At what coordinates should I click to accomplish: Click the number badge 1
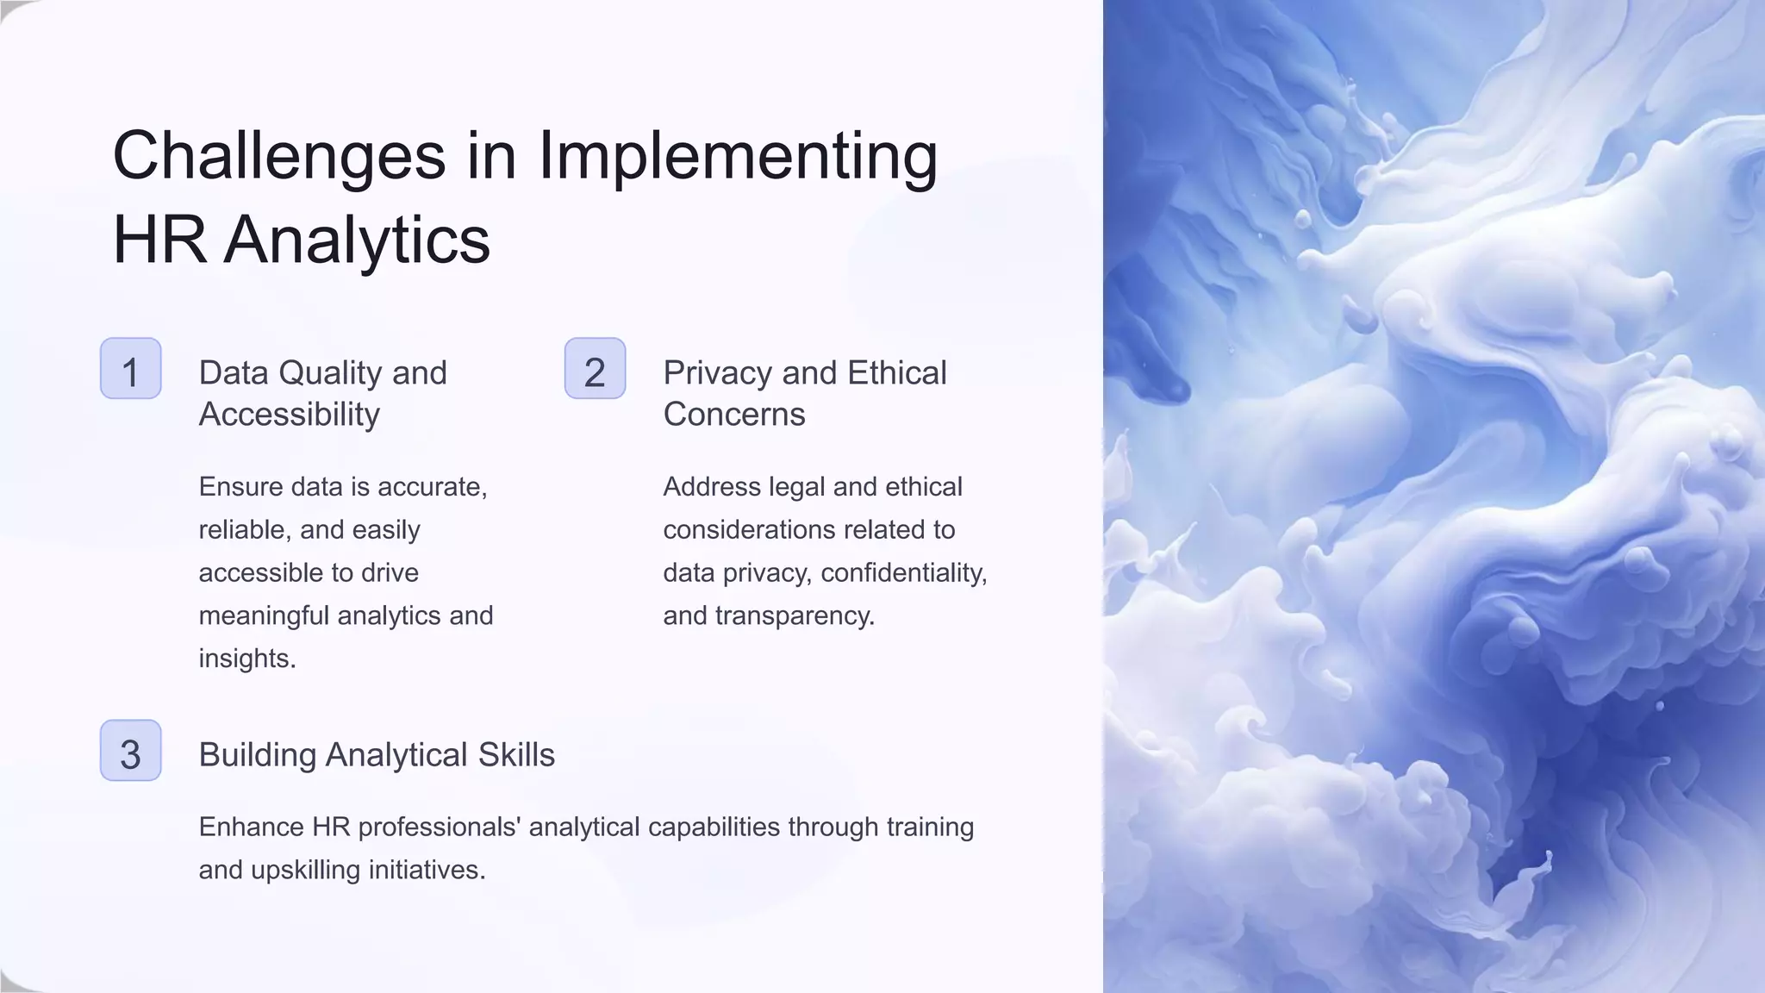point(130,369)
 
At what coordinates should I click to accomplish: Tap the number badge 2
point(595,369)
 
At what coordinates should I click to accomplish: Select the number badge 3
point(130,751)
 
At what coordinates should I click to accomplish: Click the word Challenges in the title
point(278,157)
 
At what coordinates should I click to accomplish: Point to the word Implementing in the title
point(738,157)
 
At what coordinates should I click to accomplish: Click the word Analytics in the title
point(357,240)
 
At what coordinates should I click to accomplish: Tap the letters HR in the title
point(159,240)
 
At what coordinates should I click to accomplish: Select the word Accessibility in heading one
point(289,415)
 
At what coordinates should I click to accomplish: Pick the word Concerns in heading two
point(734,415)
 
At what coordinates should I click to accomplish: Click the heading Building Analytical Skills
point(377,755)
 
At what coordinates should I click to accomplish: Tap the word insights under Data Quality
point(246,659)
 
